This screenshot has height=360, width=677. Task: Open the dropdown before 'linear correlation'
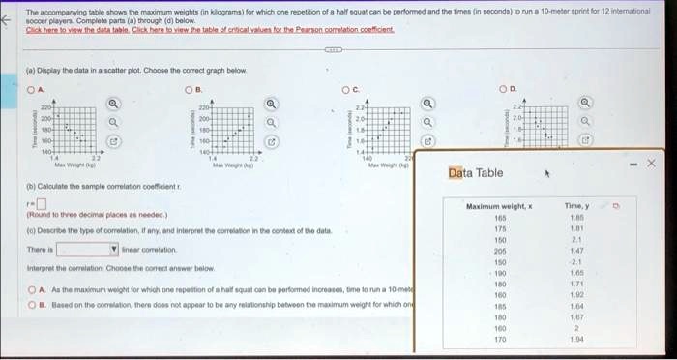coord(94,249)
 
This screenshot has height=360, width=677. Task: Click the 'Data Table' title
coord(475,172)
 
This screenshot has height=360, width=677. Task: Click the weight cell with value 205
coord(499,250)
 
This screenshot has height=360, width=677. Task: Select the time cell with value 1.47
coord(575,250)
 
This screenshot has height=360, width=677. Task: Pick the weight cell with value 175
coord(499,228)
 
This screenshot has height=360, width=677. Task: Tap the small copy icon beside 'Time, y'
coord(617,206)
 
